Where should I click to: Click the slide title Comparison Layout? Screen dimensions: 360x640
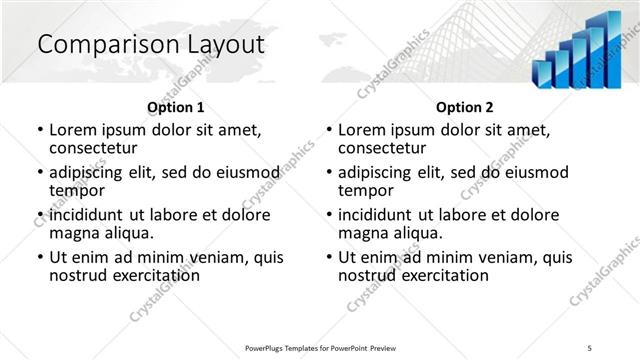click(150, 45)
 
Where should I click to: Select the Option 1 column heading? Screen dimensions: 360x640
click(175, 107)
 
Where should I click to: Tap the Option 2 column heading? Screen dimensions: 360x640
click(464, 107)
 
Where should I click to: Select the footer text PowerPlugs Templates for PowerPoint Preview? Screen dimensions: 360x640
click(320, 347)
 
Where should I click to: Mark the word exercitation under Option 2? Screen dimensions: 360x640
click(443, 275)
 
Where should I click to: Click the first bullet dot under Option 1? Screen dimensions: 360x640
click(40, 131)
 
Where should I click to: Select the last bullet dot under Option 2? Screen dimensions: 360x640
click(329, 258)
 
